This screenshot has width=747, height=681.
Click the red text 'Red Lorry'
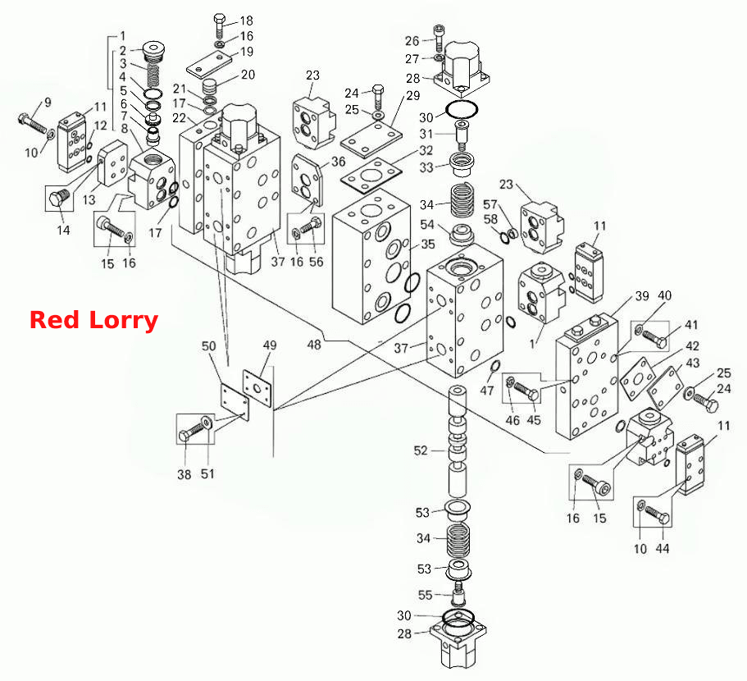93,320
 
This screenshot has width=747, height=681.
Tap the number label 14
63,231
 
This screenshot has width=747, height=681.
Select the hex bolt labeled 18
219,26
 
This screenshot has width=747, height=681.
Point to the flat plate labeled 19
209,65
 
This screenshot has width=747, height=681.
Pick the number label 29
413,96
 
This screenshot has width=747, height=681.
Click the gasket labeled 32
371,176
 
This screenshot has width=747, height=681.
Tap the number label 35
428,244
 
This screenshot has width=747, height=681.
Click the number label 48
314,345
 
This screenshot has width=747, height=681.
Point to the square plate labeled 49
257,388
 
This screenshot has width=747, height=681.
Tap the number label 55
425,595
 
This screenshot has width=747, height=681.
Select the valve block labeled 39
587,377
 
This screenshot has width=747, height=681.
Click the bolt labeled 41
655,338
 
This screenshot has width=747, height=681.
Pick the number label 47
486,391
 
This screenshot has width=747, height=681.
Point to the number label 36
339,162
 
